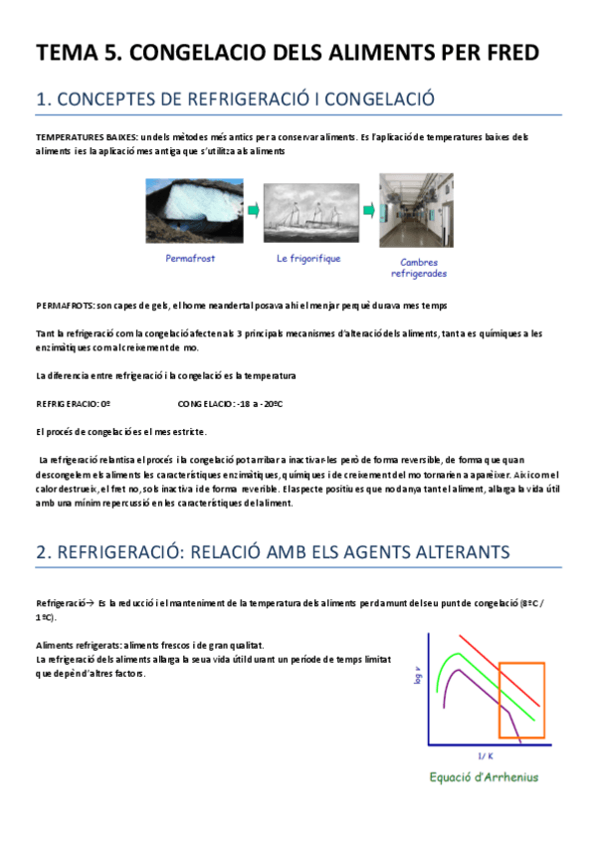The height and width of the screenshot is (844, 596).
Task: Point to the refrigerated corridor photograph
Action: point(416,210)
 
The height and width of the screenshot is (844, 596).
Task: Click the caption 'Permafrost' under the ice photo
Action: point(190,258)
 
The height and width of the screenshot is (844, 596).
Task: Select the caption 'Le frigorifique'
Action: point(308,258)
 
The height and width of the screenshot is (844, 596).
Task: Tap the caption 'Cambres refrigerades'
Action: point(418,268)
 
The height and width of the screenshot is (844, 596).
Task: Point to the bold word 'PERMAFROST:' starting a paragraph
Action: point(65,305)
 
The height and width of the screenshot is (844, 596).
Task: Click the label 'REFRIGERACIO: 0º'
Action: point(72,405)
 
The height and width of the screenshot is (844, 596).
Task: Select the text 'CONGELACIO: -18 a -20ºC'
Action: point(231,405)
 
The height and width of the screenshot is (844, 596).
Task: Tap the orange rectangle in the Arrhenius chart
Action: point(520,700)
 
